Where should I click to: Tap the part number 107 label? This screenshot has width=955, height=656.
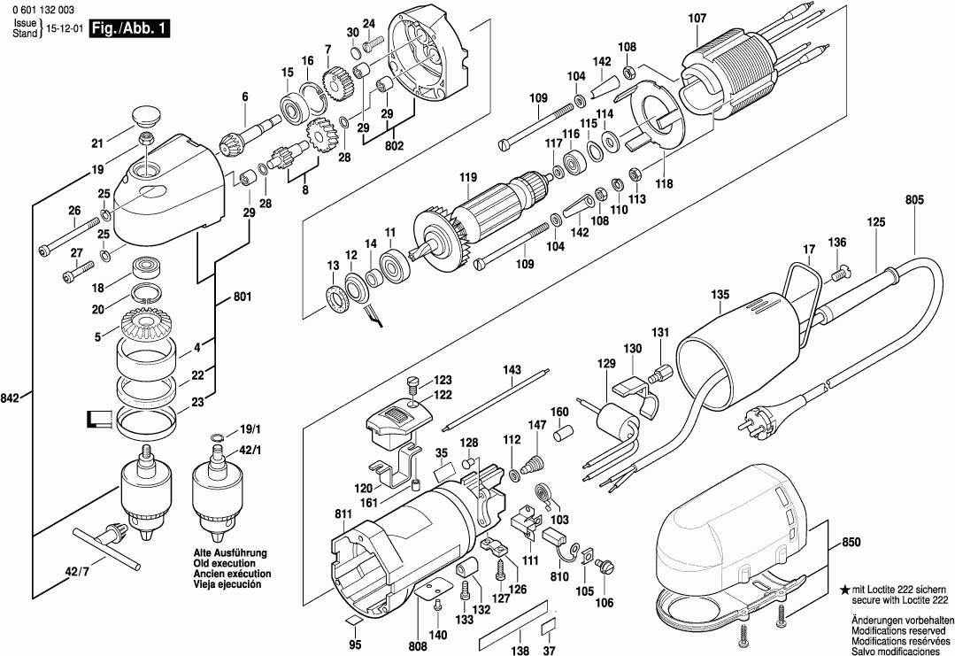697,18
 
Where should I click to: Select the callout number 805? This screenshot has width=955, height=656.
914,200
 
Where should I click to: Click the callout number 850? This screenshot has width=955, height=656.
851,541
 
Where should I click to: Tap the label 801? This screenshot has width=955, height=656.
243,297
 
